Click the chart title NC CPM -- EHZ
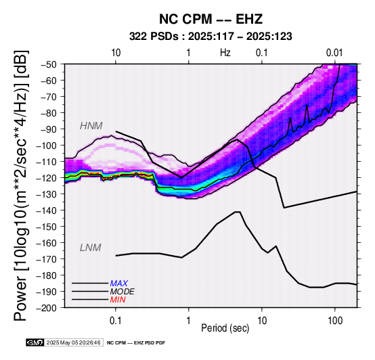[x=211, y=19]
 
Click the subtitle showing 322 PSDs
[x=211, y=37]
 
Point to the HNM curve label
[x=91, y=126]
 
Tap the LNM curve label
[x=91, y=248]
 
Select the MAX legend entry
[x=119, y=284]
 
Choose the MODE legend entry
[x=123, y=292]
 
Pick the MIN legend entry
[x=118, y=300]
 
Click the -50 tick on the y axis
[x=49, y=64]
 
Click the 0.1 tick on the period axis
[x=116, y=321]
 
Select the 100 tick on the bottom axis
[x=335, y=321]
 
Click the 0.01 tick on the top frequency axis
[x=334, y=53]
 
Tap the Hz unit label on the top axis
[x=225, y=53]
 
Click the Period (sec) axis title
[x=225, y=328]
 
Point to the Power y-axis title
[x=20, y=185]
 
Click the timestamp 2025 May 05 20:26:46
[x=73, y=342]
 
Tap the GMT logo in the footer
[x=35, y=342]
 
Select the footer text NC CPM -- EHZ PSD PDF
[x=136, y=343]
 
